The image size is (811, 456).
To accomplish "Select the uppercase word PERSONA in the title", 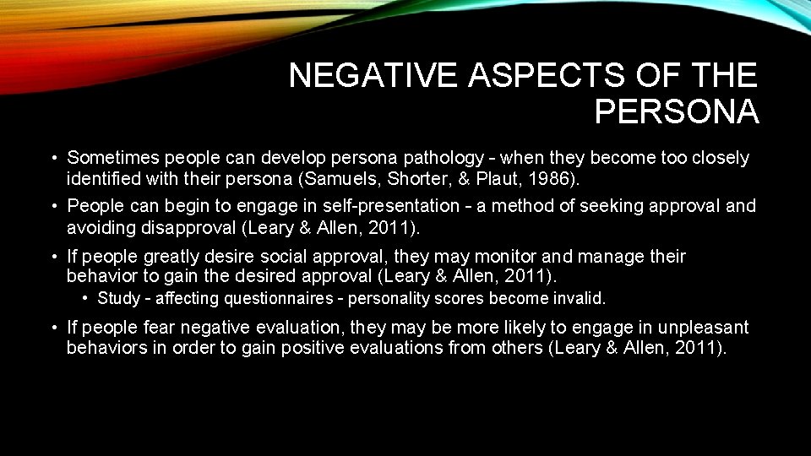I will (x=677, y=111).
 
